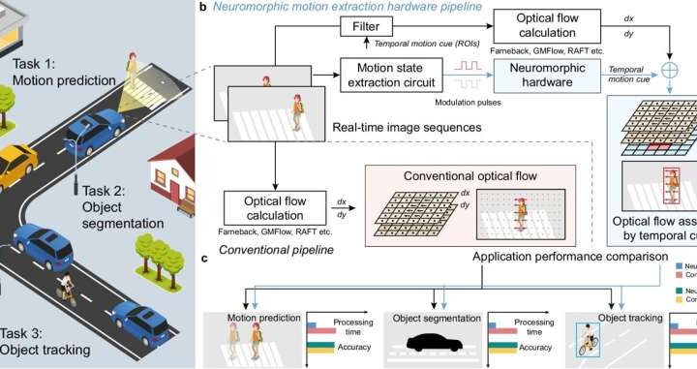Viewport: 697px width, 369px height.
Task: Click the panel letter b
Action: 201,7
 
